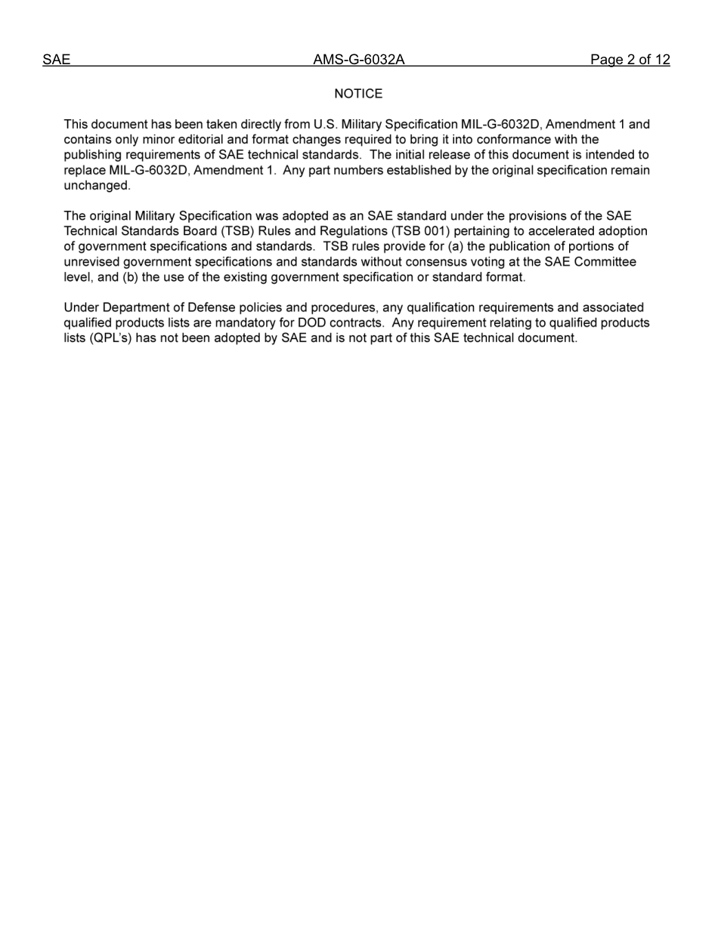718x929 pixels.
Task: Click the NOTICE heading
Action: pyautogui.click(x=358, y=94)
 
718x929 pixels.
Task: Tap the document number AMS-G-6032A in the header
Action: pyautogui.click(x=359, y=60)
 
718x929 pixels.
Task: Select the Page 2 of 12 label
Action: pyautogui.click(x=630, y=60)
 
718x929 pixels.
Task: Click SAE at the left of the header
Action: pyautogui.click(x=56, y=60)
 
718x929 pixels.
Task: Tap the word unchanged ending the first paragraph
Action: pyautogui.click(x=97, y=186)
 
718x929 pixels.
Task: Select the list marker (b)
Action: pyautogui.click(x=130, y=277)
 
